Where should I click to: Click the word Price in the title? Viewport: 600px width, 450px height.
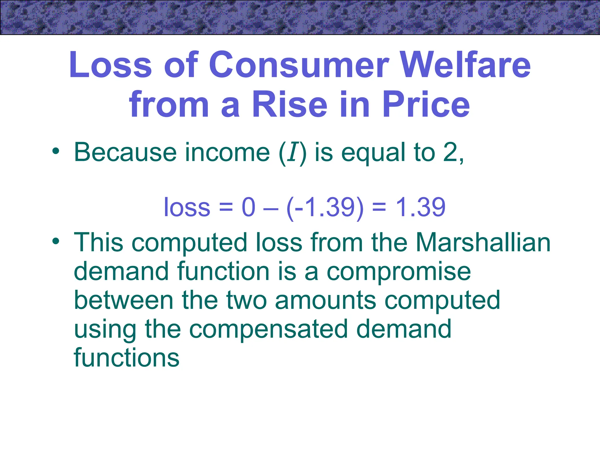tap(426, 104)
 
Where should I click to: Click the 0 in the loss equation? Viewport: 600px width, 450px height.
tap(249, 207)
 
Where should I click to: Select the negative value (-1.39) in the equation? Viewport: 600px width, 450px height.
tap(325, 207)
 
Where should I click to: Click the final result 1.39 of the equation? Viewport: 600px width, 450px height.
tap(420, 207)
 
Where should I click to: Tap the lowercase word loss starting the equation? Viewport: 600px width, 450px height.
tap(187, 207)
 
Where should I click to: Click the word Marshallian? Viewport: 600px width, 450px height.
tap(483, 243)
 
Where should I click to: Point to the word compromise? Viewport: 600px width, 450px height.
tap(399, 272)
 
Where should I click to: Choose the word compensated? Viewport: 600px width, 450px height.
tap(268, 329)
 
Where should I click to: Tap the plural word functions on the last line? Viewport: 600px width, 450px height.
tap(127, 358)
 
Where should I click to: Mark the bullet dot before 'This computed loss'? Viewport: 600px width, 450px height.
tap(56, 242)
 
